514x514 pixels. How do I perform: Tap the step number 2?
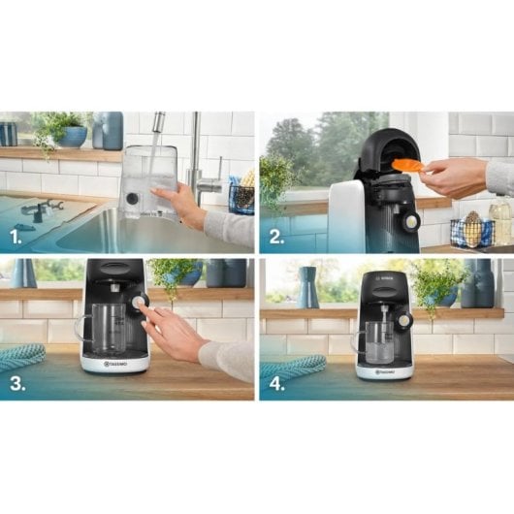pos(276,234)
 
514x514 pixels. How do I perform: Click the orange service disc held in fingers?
pos(408,165)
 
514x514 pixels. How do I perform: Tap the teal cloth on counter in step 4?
pos(292,366)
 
